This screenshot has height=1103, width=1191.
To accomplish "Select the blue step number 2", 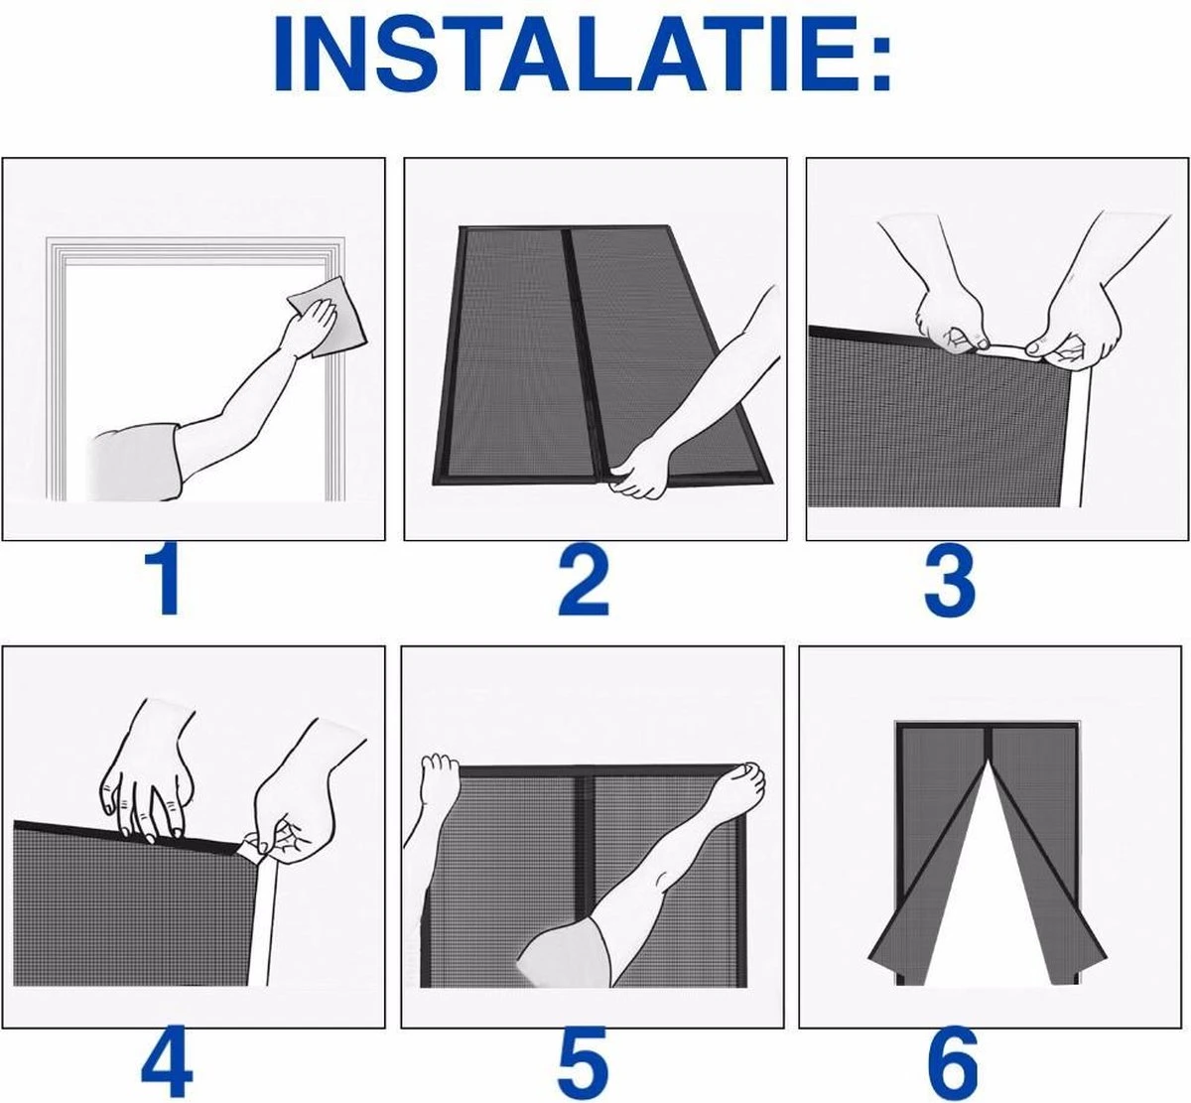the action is click(x=584, y=579).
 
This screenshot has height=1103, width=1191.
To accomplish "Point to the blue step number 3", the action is click(x=950, y=579).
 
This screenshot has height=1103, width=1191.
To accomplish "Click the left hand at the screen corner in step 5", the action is click(x=440, y=780).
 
